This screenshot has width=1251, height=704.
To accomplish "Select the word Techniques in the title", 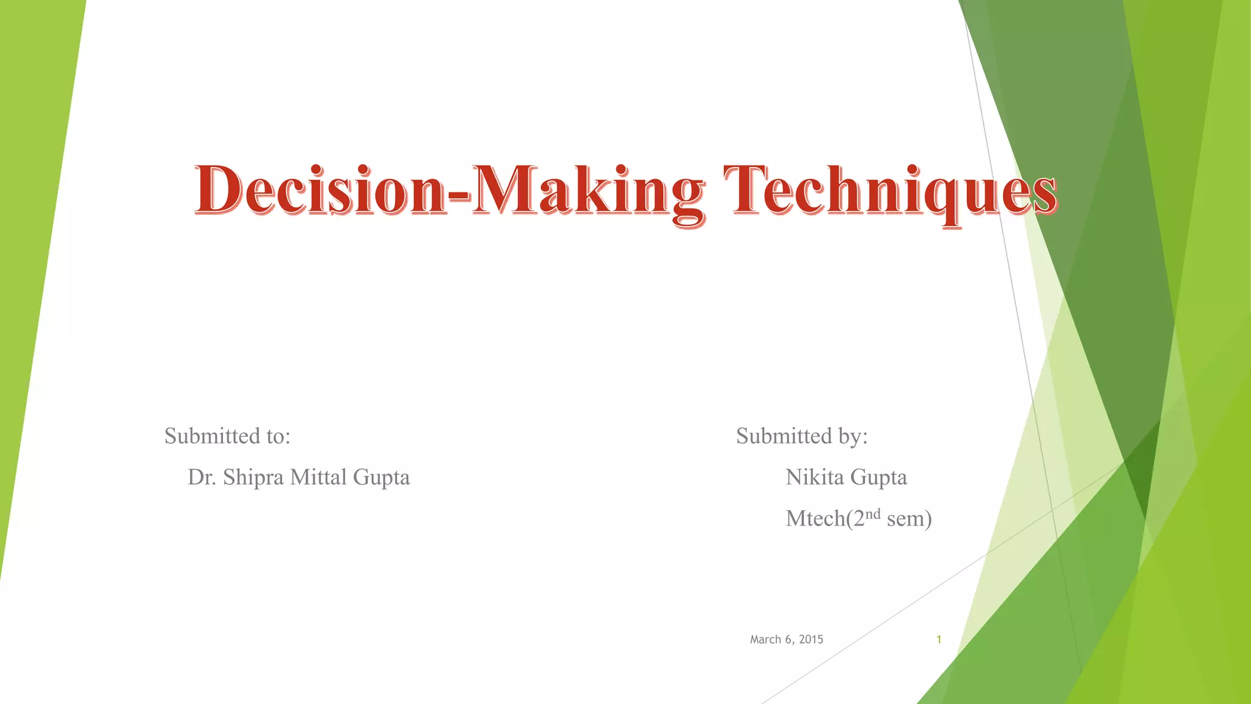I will (x=889, y=191).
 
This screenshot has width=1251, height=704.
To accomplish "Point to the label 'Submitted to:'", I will (x=227, y=436).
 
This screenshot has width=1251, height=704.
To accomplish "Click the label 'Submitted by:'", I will (x=801, y=436).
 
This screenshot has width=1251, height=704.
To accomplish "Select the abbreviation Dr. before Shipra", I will (x=202, y=477).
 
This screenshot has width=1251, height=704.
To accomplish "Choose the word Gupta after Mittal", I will (x=381, y=478).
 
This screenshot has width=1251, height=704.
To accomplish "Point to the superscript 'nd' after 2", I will (x=873, y=513).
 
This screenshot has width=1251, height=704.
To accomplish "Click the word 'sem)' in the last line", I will (x=909, y=519).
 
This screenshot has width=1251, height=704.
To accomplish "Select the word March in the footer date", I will (x=765, y=639).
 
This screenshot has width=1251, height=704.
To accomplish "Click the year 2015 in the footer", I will (x=811, y=639).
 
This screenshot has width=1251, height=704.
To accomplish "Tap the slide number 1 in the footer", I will (x=939, y=639).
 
